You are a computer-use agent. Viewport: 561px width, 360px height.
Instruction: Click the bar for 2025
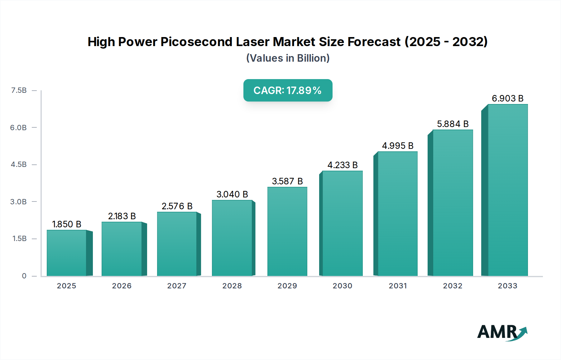pos(66,253)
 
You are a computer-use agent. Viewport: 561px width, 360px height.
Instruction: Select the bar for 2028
pos(232,238)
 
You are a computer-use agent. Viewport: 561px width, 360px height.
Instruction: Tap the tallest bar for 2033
pos(508,190)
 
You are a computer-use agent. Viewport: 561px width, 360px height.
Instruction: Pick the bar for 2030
pos(342,223)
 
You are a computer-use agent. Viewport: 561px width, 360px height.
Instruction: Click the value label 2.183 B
pos(122,216)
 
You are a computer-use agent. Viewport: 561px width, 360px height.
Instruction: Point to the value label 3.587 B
pos(287,181)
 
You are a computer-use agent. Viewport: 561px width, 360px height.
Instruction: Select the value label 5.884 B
pos(453,124)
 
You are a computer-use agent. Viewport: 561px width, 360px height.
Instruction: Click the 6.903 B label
pos(507,98)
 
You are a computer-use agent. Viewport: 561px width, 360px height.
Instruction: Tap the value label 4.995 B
pos(398,146)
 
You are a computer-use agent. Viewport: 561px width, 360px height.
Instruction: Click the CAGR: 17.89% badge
pos(288,90)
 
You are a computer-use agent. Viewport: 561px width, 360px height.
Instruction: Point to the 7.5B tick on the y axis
pos(19,90)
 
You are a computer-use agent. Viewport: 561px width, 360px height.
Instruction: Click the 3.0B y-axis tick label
pos(18,202)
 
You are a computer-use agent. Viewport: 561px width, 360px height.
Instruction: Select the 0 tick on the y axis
pos(24,276)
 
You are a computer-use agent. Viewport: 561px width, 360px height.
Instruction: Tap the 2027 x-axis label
pos(177,286)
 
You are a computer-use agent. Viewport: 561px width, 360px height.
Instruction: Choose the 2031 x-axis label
pos(398,286)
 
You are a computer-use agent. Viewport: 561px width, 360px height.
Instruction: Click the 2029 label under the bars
pos(287,286)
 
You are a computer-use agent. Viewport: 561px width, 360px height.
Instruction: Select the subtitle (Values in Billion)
pos(288,58)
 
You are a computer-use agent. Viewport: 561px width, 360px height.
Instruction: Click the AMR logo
pos(502,332)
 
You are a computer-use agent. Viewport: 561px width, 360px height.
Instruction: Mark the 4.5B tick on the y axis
pos(19,164)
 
